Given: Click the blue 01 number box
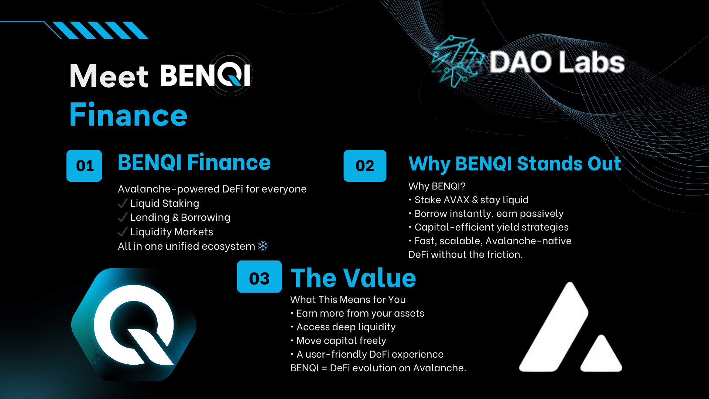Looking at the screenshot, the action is click(x=84, y=166).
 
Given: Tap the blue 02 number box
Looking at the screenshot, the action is click(x=365, y=166).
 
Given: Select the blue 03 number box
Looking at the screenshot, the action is click(x=259, y=277).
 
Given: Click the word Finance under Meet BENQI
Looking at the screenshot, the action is click(x=129, y=115).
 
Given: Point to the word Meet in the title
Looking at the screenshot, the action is click(x=109, y=76).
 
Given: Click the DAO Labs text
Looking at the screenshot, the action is click(x=557, y=62).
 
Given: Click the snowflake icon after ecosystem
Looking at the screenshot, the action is click(x=263, y=246).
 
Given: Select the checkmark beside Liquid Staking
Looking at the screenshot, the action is click(x=123, y=203).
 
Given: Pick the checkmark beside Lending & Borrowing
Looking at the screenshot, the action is click(x=123, y=217).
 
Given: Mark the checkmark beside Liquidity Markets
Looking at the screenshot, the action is click(x=123, y=232).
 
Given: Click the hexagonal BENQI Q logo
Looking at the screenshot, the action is click(x=134, y=325).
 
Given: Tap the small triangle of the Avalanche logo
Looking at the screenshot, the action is click(x=601, y=354).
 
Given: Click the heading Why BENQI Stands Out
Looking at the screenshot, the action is click(x=515, y=163).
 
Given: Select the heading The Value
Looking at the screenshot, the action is click(x=353, y=278).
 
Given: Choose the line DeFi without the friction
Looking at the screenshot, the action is click(x=465, y=255).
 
